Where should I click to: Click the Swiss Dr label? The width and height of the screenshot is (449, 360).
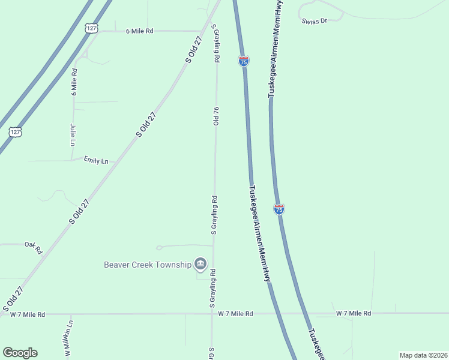[x=315, y=21]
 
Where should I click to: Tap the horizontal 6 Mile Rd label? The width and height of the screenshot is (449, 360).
[x=139, y=31]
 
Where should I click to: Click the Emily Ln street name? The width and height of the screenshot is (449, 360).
[x=96, y=161]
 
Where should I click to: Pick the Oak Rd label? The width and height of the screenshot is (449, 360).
[x=34, y=247]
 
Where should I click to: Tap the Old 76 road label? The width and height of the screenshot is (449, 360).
[x=216, y=116]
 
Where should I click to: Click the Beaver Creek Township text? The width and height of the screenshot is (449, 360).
[x=147, y=265]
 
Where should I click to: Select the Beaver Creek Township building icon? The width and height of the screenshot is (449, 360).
[x=200, y=264]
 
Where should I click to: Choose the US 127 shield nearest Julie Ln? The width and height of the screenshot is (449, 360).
[x=15, y=132]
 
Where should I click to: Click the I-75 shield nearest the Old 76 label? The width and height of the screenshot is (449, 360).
[x=244, y=61]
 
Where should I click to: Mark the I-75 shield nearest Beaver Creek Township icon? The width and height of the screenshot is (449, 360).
[x=279, y=209]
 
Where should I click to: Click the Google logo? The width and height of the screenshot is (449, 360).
[x=20, y=353]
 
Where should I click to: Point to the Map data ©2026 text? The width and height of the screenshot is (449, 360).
[x=423, y=355]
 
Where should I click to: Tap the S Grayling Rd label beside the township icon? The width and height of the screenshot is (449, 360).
[x=212, y=290]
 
